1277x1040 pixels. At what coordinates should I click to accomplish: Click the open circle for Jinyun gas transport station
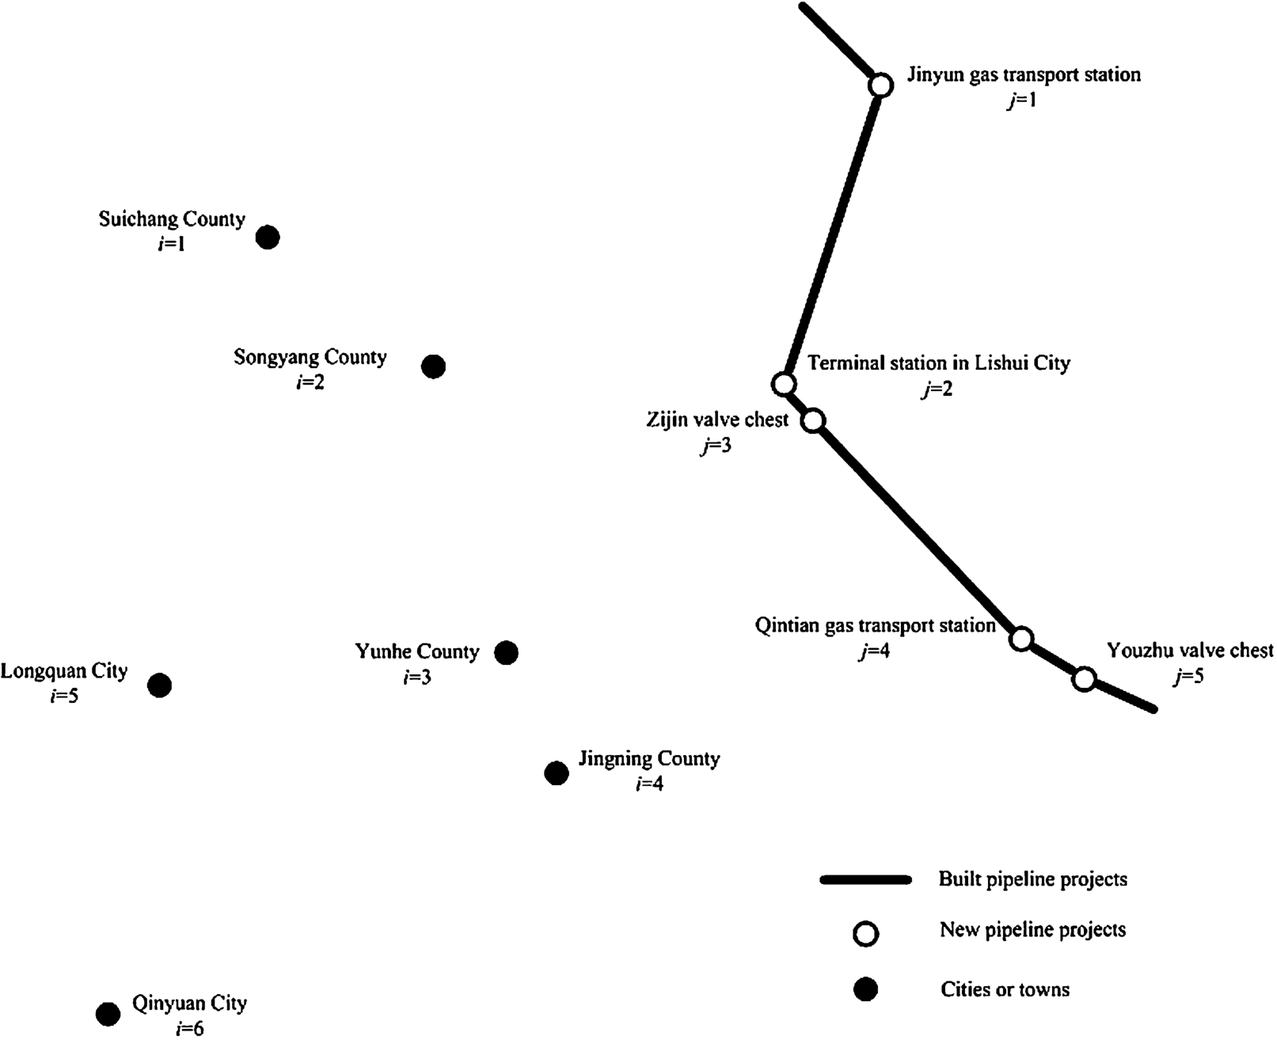coord(880,85)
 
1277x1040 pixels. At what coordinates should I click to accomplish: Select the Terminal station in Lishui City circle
coord(783,385)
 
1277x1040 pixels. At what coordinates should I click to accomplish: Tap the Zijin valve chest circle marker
coord(813,420)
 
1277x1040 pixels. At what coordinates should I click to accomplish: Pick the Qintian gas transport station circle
coord(1021,639)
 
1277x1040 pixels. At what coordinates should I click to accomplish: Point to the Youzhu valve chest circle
coord(1084,678)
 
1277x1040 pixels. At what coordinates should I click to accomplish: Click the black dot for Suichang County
coord(268,237)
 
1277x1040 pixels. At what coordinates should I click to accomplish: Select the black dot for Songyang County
coord(433,366)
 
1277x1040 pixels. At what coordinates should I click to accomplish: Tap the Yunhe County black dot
coord(506,653)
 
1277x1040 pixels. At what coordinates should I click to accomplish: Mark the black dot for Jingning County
coord(557,773)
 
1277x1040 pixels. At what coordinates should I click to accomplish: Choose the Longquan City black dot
coord(160,685)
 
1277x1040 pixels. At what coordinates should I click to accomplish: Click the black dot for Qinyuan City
coord(108,1014)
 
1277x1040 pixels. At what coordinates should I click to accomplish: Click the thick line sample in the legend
coord(866,879)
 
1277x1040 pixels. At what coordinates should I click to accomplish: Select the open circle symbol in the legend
coord(866,934)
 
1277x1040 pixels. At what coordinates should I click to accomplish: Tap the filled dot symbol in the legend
coord(866,989)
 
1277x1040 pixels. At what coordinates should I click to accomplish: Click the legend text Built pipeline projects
coord(1032,879)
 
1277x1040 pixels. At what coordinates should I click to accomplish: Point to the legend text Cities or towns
coord(1005,989)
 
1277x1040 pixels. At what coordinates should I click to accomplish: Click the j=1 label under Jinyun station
coord(1020,101)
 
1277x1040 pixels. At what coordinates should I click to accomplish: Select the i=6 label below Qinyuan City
coord(189,1028)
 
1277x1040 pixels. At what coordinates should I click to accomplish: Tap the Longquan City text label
coord(63,671)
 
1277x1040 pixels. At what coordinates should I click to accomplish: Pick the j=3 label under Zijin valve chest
coord(716,446)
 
